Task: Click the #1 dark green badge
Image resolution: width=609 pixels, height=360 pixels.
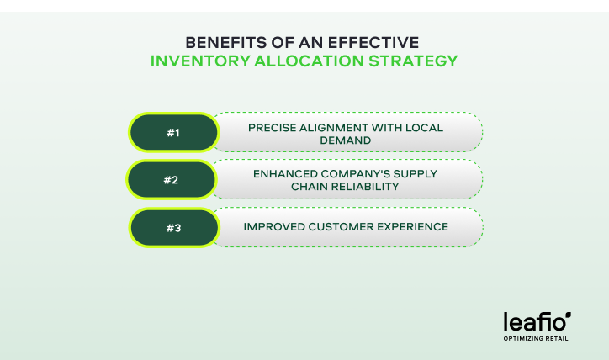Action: [x=173, y=132]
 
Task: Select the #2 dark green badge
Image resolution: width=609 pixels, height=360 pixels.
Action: [x=171, y=179]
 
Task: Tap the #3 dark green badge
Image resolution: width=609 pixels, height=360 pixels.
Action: [x=173, y=227]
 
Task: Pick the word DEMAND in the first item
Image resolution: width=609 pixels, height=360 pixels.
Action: [x=346, y=139]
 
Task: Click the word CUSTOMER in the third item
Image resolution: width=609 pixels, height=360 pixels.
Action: [x=337, y=227]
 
